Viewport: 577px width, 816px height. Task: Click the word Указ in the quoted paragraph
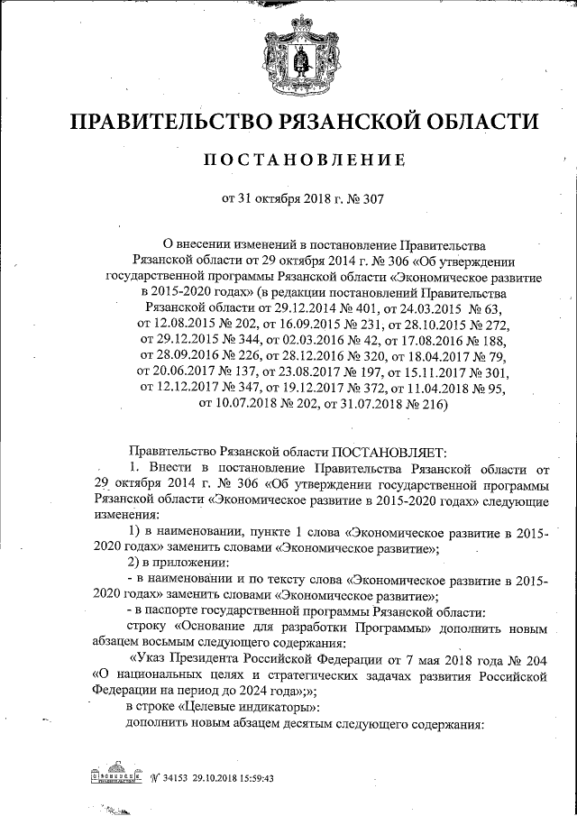[153, 658]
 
